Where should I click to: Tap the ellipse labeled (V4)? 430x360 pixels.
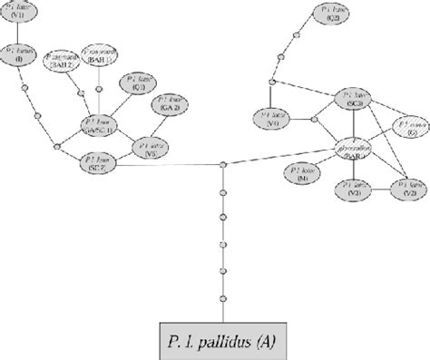273,119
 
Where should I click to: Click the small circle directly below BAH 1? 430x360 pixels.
100,89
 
